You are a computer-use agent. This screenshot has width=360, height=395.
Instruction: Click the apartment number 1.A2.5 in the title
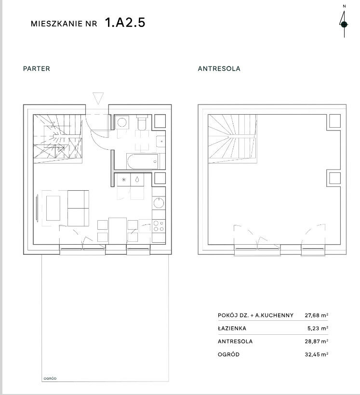click(x=125, y=23)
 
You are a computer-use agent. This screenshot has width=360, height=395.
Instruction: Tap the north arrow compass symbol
click(x=344, y=24)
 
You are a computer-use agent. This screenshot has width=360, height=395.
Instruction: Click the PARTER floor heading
click(x=37, y=68)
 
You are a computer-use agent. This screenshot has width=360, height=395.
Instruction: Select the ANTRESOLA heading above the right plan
click(x=219, y=68)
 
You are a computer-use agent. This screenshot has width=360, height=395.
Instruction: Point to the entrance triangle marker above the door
click(x=98, y=98)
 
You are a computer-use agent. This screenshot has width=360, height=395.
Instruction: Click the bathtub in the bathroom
click(x=143, y=161)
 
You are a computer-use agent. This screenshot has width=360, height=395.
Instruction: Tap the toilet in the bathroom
click(x=142, y=122)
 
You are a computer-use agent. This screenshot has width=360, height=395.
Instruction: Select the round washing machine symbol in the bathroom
click(x=122, y=123)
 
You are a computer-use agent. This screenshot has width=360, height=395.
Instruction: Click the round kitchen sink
click(x=159, y=203)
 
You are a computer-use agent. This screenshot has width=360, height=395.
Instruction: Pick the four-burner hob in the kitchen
click(x=159, y=226)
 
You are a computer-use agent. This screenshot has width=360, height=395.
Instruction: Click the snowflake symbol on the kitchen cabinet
click(x=124, y=180)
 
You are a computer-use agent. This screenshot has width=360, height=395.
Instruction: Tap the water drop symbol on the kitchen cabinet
click(x=137, y=179)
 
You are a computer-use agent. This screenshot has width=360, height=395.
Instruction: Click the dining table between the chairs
click(x=118, y=231)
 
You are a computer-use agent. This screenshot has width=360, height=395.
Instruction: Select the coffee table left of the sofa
click(x=53, y=208)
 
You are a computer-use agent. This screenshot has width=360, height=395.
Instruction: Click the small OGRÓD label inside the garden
click(x=50, y=378)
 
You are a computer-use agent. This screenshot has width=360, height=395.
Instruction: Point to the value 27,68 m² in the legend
click(x=317, y=315)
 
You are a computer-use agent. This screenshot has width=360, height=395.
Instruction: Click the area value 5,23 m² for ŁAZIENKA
click(x=318, y=328)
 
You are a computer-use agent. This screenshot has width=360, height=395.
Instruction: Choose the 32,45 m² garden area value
click(x=317, y=355)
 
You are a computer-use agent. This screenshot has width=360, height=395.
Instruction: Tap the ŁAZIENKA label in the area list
click(x=232, y=328)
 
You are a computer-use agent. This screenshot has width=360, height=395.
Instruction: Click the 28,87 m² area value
click(x=317, y=342)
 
